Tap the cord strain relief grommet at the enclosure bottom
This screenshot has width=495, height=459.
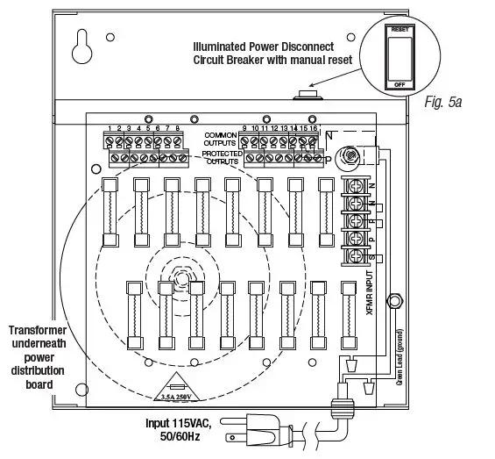[x=343, y=409]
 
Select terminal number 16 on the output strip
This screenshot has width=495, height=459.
[x=315, y=129]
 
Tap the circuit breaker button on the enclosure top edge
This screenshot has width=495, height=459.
[x=309, y=92]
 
